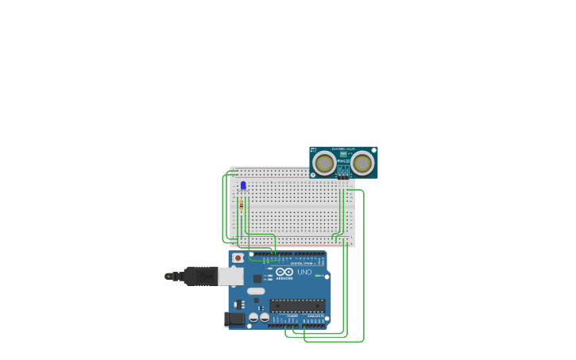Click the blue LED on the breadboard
click(x=243, y=186)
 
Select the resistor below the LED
click(x=242, y=205)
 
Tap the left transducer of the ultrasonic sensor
click(x=324, y=163)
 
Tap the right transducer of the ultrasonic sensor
click(x=362, y=163)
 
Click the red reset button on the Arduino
click(x=238, y=258)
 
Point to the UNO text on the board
click(x=304, y=273)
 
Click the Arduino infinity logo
click(x=285, y=272)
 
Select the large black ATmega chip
click(x=297, y=305)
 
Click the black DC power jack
click(x=234, y=319)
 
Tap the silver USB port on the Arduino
click(x=231, y=276)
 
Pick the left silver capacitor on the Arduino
click(x=253, y=317)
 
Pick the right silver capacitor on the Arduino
click(x=265, y=317)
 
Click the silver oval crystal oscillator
click(x=256, y=291)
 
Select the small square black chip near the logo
click(x=257, y=278)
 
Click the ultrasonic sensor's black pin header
click(x=343, y=176)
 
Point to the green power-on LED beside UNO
click(x=317, y=276)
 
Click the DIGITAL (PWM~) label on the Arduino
click(x=302, y=263)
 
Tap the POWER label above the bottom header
click(x=292, y=315)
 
